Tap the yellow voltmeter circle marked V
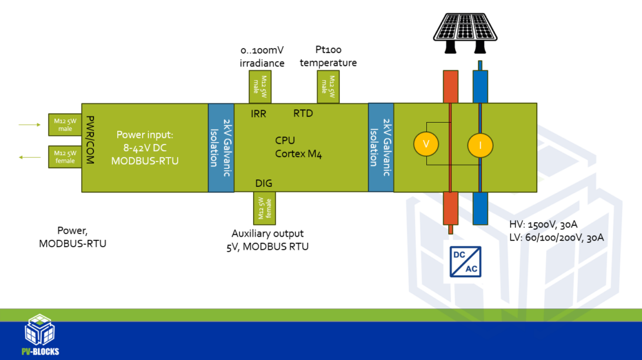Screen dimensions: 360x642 point(426,144)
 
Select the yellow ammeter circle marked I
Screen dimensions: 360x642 point(480,144)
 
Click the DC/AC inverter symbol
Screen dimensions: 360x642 point(465,262)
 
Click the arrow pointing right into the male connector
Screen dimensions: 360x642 point(29,125)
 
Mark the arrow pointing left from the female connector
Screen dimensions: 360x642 point(29,158)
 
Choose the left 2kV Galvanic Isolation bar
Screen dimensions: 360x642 point(221,148)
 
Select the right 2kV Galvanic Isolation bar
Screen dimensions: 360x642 point(381,148)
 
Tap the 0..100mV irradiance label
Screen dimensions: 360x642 point(262,57)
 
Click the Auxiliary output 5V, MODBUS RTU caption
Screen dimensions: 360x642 point(267,240)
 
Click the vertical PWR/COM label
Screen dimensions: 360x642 point(90,140)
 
